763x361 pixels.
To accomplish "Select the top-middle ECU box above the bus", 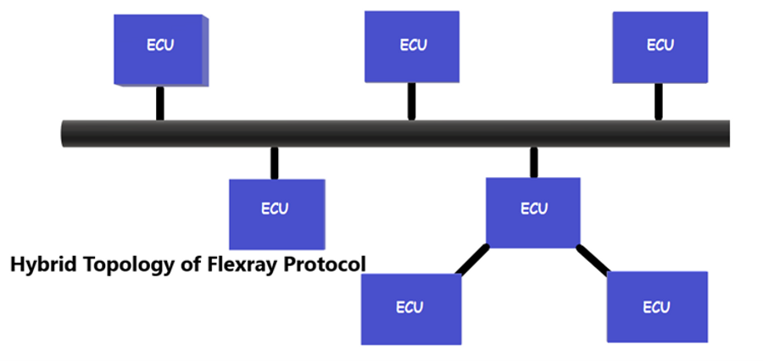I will point(411,47).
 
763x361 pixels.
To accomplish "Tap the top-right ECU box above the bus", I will point(660,47).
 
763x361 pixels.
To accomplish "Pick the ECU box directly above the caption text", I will point(276,212).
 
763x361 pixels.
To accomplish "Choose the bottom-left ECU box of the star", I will point(410,308).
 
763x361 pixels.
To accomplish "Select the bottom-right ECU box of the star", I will point(657,307).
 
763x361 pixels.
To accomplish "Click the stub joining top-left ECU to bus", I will point(159,103).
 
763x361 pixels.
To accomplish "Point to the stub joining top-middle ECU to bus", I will point(411,101).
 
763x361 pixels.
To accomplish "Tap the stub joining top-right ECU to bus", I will point(658,101).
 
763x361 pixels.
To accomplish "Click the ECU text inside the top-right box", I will point(660,46).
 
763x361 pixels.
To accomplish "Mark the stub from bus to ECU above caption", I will point(274,163).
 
